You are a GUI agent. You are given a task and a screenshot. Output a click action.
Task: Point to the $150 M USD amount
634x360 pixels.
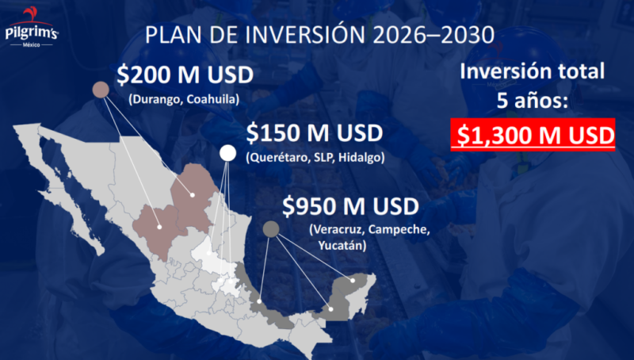click(x=314, y=132)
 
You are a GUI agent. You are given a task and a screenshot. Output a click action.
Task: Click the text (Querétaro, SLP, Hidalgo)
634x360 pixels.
click(x=315, y=156)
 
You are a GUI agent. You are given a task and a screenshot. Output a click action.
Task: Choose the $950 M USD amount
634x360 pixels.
click(x=349, y=208)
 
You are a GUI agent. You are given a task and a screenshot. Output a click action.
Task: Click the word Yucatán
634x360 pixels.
click(x=342, y=246)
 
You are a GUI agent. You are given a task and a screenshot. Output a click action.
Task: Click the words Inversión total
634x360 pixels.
click(x=533, y=71)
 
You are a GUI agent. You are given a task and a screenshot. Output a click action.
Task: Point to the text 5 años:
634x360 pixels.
click(x=533, y=101)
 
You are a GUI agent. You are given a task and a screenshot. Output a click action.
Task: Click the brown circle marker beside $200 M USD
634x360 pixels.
click(x=101, y=90)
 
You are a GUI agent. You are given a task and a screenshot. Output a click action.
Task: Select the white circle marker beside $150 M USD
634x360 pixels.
click(x=227, y=153)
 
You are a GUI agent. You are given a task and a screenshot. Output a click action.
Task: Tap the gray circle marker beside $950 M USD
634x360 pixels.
click(x=270, y=229)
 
